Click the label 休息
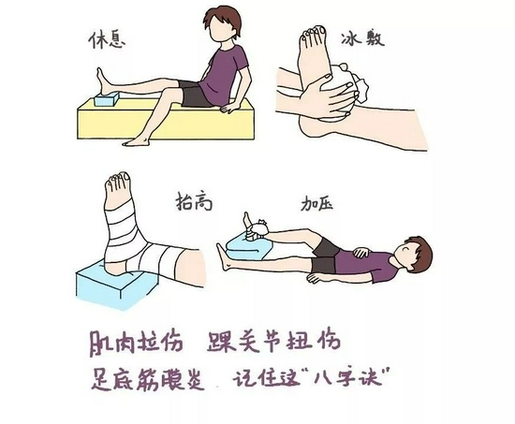pyautogui.click(x=108, y=40)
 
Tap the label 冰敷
pyautogui.click(x=362, y=39)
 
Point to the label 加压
pyautogui.click(x=317, y=203)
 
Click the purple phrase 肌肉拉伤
pyautogui.click(x=136, y=344)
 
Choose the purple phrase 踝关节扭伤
pyautogui.click(x=273, y=343)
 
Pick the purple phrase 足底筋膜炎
pyautogui.click(x=147, y=379)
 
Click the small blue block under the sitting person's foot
pyautogui.click(x=107, y=99)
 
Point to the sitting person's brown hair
pyautogui.click(x=223, y=22)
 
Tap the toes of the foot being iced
pyautogui.click(x=313, y=33)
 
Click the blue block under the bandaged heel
pyautogui.click(x=117, y=282)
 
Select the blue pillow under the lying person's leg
pyautogui.click(x=249, y=248)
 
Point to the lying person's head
pyautogui.click(x=414, y=252)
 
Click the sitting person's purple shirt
pyautogui.click(x=224, y=73)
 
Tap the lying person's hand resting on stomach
pyautogui.click(x=360, y=252)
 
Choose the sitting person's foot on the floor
pyautogui.click(x=138, y=141)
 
